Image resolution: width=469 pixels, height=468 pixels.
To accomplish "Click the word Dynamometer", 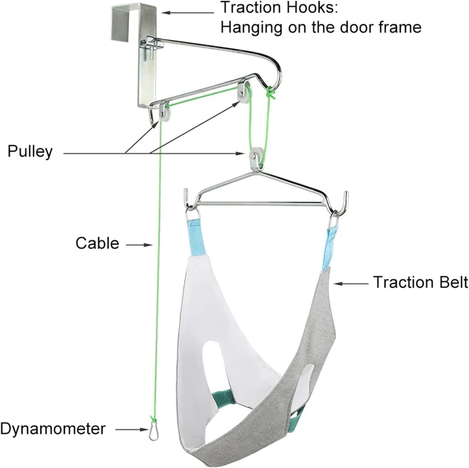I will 53,429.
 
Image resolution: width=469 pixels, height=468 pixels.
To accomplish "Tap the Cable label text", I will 97,244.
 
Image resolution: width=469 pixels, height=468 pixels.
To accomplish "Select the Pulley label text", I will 30,152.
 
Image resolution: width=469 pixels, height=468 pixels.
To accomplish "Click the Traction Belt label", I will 421,282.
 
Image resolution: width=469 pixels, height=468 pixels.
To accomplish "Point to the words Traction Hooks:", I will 279,7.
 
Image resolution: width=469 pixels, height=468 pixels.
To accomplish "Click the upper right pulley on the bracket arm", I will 243,90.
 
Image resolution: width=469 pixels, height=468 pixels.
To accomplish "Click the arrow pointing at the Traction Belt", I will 351,283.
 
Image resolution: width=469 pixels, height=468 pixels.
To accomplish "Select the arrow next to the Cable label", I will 139,245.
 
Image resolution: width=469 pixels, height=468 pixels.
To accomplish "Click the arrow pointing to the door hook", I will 188,13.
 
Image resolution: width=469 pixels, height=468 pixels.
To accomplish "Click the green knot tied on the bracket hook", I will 270,93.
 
